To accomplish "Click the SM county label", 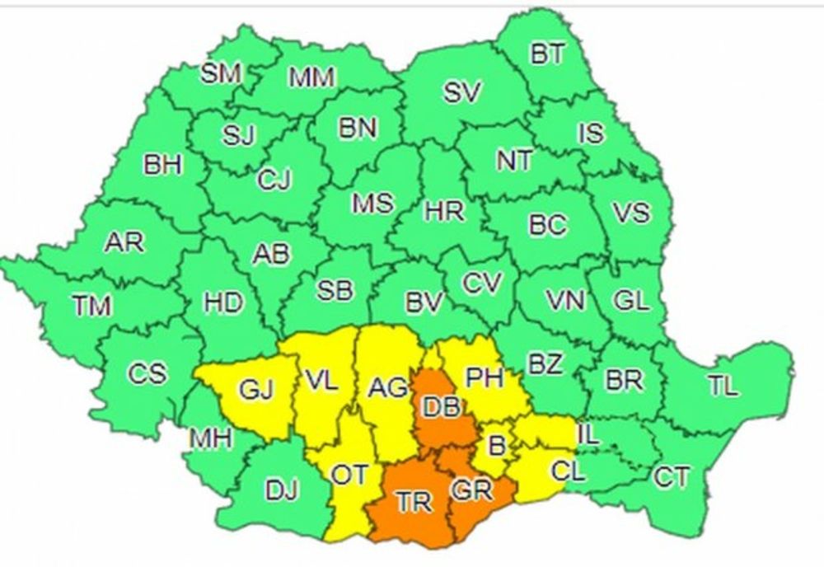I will [x=221, y=74].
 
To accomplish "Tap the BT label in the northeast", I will [x=547, y=55].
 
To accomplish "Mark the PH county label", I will [x=485, y=377].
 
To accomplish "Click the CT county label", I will [x=672, y=476].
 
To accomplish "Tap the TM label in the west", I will [x=91, y=307].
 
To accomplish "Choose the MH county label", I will [x=209, y=438].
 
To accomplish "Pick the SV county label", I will [x=461, y=93].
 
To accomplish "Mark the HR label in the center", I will [x=444, y=212].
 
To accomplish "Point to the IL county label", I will [x=588, y=434].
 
